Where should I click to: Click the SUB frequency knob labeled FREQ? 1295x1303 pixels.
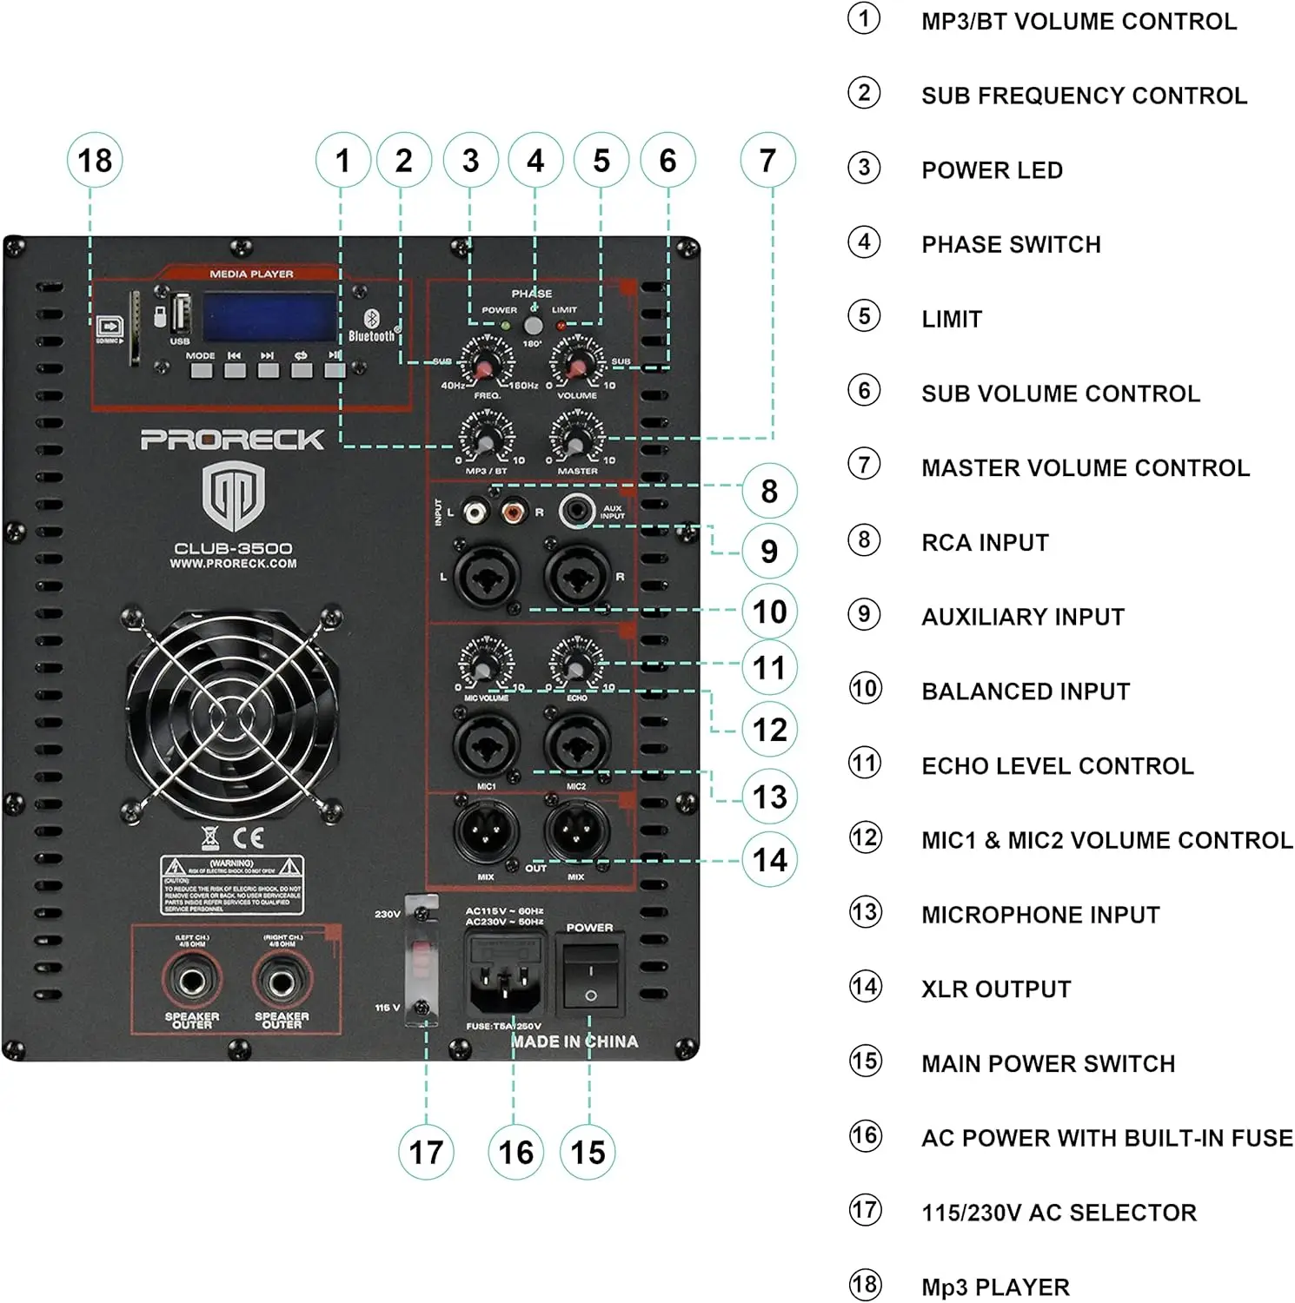486,367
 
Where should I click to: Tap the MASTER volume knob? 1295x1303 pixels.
574,442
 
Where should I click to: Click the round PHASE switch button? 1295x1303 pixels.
533,326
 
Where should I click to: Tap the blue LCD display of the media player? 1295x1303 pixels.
270,317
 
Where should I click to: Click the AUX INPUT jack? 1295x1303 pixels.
575,511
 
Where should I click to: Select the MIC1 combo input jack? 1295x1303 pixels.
486,744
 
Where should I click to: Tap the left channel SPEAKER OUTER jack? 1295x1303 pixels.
191,982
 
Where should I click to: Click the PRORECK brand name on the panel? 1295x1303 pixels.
232,440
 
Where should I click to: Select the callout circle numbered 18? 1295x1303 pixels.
95,161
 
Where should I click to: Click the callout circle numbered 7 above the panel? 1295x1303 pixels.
767,161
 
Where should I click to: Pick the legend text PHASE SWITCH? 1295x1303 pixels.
1011,245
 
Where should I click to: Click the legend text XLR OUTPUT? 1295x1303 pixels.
996,989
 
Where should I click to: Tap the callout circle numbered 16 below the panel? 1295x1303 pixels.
515,1153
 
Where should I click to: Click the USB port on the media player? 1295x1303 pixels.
181,314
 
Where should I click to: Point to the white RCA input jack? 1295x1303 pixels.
474,512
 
